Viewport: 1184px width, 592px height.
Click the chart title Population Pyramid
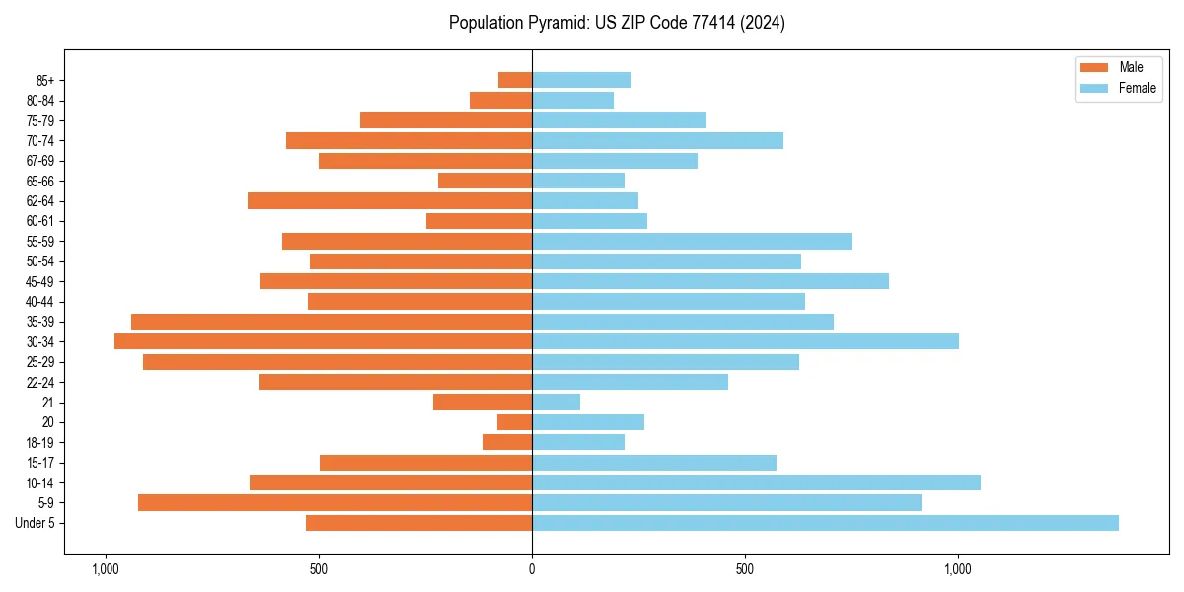pos(617,23)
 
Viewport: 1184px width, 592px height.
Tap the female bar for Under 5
pos(825,523)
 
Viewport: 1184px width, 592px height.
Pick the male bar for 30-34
pos(323,341)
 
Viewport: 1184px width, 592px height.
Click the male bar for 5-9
pos(334,502)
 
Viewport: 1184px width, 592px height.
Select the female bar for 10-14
pos(756,482)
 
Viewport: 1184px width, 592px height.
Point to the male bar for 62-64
pos(390,200)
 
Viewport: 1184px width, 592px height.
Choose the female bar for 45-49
pos(710,281)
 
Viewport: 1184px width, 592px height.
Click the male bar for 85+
pos(515,80)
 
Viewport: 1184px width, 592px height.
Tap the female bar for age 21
pos(555,402)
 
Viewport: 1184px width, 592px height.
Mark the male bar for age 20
pos(514,422)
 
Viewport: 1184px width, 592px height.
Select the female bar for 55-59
pos(692,241)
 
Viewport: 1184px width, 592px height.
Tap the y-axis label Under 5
pos(36,523)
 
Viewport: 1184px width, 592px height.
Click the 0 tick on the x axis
pos(532,569)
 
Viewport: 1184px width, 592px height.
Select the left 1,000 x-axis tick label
pos(105,569)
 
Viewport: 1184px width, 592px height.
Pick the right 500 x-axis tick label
pos(745,569)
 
